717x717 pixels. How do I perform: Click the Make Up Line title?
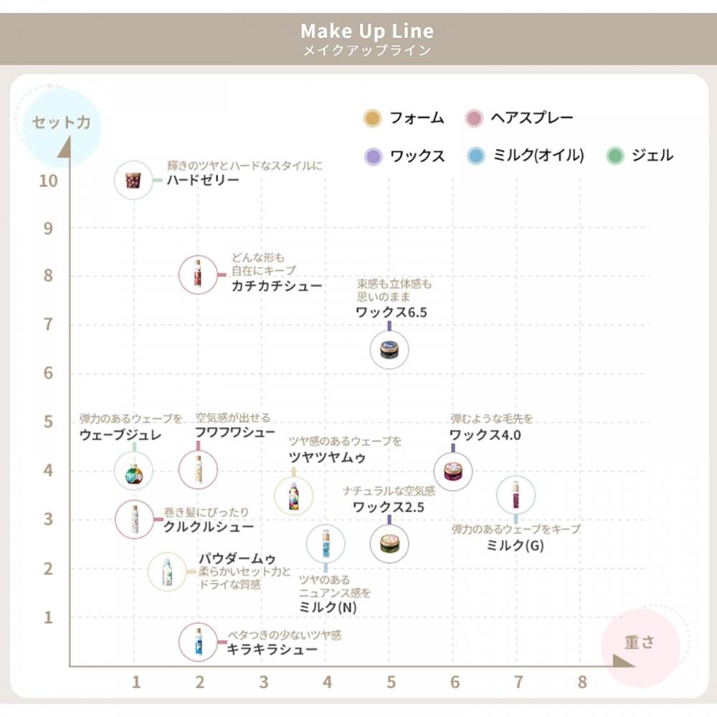point(366,32)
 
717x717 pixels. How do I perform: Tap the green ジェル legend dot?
point(615,156)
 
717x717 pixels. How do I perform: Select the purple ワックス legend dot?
point(373,156)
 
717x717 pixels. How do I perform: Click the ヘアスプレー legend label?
point(531,118)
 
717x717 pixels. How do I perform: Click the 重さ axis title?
point(640,642)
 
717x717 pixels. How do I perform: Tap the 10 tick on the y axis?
point(49,180)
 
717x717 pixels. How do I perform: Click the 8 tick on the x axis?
point(581,681)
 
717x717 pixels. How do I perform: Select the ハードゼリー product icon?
point(133,180)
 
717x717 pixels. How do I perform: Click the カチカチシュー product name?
point(276,286)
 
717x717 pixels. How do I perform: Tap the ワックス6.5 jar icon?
point(389,350)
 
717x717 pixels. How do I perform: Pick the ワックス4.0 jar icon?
point(453,471)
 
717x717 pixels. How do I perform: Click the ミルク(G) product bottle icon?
point(516,495)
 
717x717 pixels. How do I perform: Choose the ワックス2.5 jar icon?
point(389,543)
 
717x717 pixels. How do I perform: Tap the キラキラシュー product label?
point(272,650)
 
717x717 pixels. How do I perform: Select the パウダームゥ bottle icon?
point(167,571)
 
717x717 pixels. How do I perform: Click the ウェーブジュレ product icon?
point(134,471)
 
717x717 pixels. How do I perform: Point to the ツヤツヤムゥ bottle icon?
point(293,495)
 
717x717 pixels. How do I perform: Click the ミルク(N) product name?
point(328,607)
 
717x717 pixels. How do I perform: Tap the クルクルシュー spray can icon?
point(135,519)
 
